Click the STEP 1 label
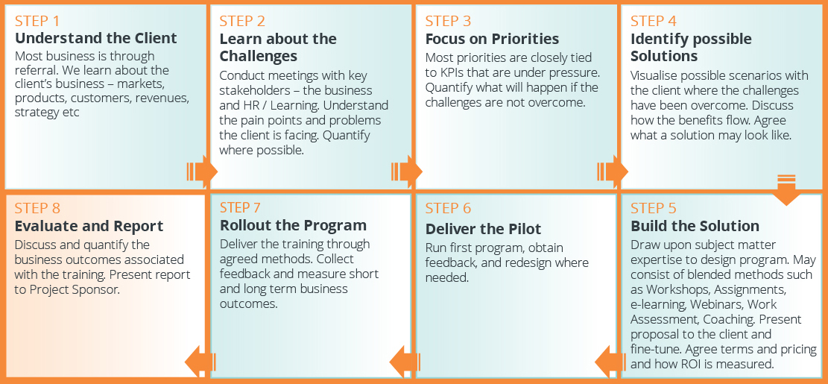pyautogui.click(x=37, y=21)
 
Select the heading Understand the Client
pyautogui.click(x=96, y=39)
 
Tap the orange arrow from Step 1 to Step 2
pyautogui.click(x=202, y=171)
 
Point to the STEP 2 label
pyautogui.click(x=242, y=21)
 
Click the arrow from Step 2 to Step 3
pyautogui.click(x=407, y=171)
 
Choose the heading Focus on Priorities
pyautogui.click(x=492, y=39)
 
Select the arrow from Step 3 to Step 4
pyautogui.click(x=613, y=171)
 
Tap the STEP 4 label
pyautogui.click(x=654, y=21)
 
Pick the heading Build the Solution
pyautogui.click(x=695, y=226)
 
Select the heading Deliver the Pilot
pyautogui.click(x=484, y=229)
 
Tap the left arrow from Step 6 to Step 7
pyautogui.click(x=405, y=362)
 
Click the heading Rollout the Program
pyautogui.click(x=293, y=225)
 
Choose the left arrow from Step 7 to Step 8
pyautogui.click(x=200, y=362)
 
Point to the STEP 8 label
pyautogui.click(x=37, y=208)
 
